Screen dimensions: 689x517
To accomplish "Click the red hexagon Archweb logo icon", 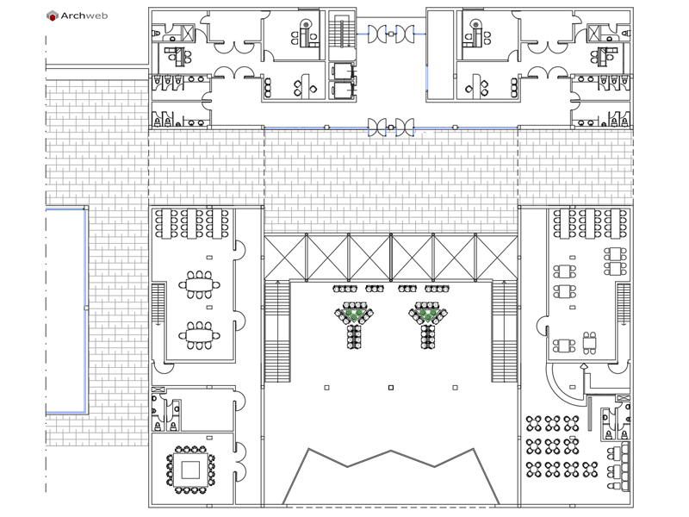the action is click(53, 16).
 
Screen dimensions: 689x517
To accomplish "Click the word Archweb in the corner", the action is click(84, 16).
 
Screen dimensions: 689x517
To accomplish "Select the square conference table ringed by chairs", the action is click(190, 470).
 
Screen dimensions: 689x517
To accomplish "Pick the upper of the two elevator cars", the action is click(342, 72).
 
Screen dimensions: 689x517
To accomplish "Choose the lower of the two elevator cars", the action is click(342, 90).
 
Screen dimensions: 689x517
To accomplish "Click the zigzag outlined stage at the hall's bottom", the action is click(391, 477).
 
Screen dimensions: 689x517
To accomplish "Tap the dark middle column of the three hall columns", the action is click(391, 387).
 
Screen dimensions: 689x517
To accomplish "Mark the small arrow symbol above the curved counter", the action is click(584, 366).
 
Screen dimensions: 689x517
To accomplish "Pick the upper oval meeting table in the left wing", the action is click(200, 285).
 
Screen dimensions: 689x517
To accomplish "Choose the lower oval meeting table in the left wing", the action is click(200, 336).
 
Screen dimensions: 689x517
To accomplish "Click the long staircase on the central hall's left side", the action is click(277, 332).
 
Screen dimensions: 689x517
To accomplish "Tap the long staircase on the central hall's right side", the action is click(504, 332).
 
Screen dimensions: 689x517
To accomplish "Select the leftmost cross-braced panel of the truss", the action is click(285, 257).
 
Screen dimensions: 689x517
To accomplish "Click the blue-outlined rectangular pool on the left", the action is click(66, 310).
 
